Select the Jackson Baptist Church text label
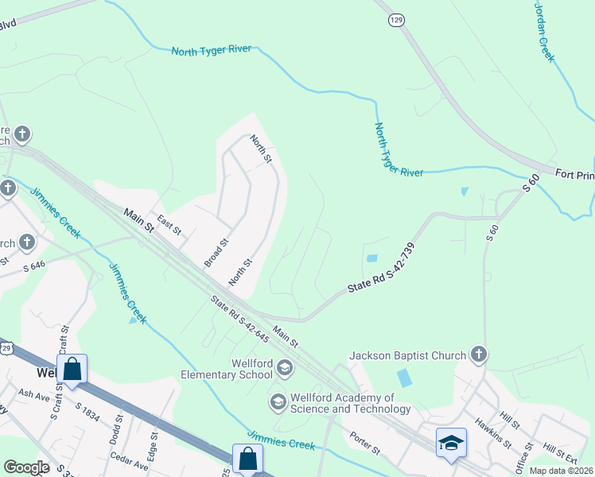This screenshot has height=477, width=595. coord(407,355)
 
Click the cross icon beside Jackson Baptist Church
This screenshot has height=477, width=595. coord(478,353)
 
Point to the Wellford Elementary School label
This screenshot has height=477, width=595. coord(227,369)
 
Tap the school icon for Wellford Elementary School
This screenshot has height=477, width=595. coord(285,367)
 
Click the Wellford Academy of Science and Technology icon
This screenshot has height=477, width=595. coord(278,402)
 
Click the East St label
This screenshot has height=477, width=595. coord(169,224)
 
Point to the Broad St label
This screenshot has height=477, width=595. coord(216,253)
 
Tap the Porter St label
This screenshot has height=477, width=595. coord(365,444)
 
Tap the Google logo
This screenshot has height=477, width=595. coord(26,467)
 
